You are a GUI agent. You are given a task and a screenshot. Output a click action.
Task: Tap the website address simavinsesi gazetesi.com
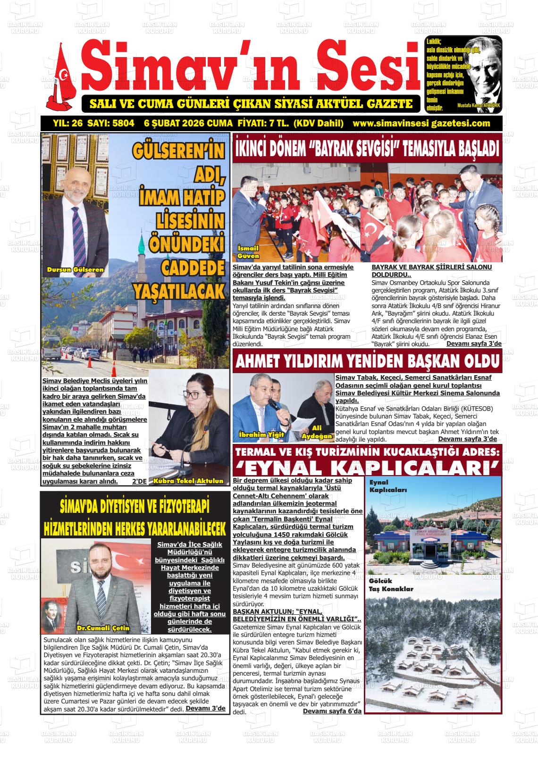coord(421,124)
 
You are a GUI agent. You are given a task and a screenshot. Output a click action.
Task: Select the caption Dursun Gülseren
coord(75,270)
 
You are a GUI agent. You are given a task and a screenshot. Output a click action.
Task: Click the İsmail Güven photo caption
coord(248,252)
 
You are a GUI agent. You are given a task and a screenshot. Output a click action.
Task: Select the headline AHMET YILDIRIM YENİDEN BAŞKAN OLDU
coord(367,362)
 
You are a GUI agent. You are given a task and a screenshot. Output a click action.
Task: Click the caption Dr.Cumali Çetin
coord(103,628)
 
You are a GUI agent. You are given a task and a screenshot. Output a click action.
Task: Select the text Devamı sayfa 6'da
coord(332,711)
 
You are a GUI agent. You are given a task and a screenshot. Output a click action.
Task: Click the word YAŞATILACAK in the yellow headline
coord(179,291)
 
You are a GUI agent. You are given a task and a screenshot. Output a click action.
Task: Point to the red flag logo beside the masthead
coord(61,78)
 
